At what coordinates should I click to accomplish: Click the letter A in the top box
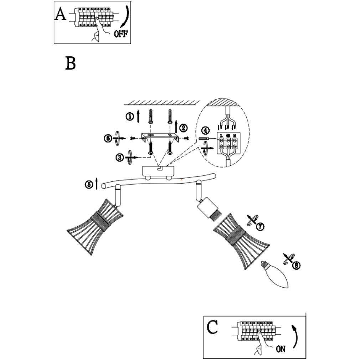(x=61, y=15)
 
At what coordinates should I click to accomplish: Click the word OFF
(x=120, y=34)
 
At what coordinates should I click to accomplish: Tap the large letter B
(x=71, y=63)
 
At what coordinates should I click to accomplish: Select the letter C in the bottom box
(x=212, y=327)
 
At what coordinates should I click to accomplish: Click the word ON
(x=281, y=349)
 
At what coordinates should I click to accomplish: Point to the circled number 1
(x=130, y=116)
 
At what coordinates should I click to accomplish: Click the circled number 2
(x=184, y=128)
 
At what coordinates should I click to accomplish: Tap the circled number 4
(x=205, y=130)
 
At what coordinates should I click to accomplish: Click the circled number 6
(x=108, y=138)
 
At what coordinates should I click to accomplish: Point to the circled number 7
(x=261, y=226)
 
